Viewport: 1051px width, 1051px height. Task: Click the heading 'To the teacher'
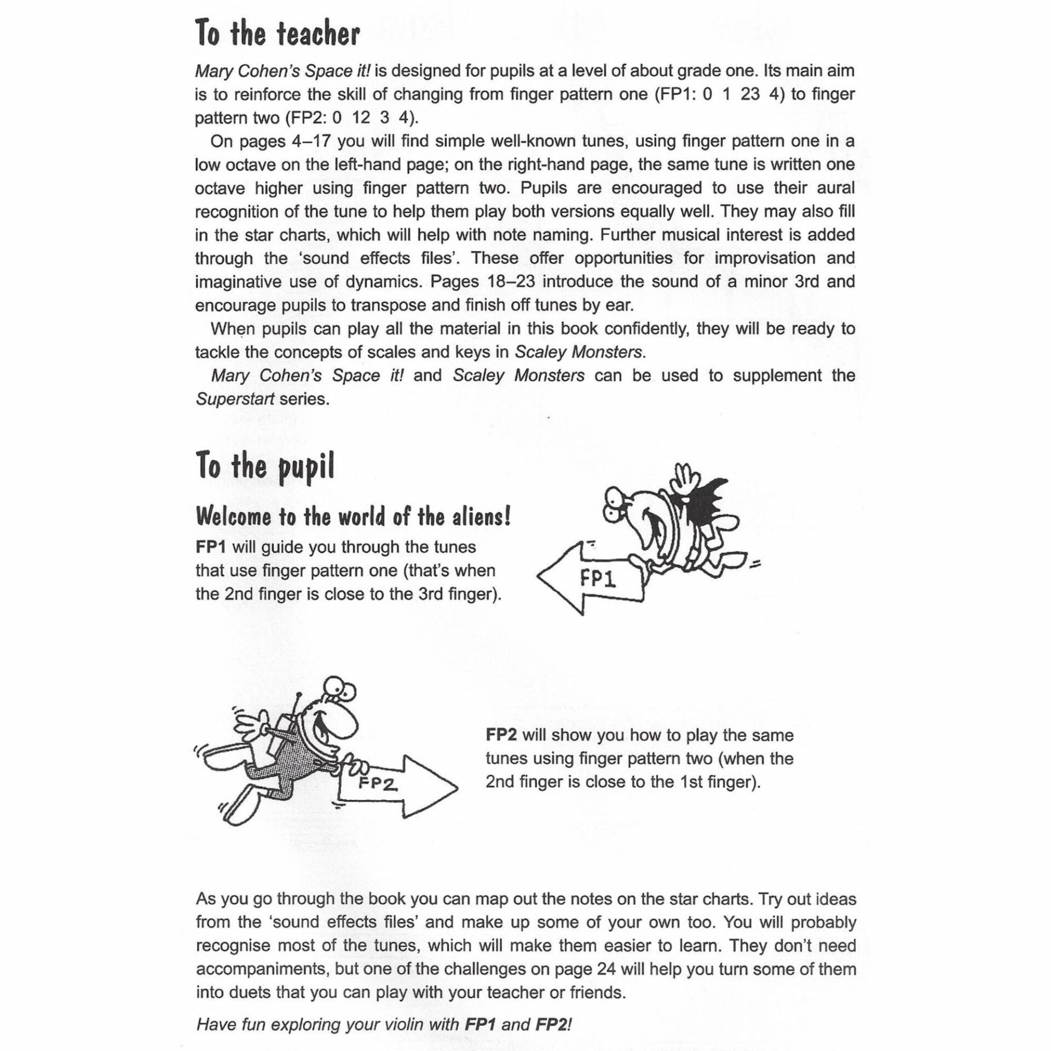277,34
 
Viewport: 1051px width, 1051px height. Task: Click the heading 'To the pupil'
264,467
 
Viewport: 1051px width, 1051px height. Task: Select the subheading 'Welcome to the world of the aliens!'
353,516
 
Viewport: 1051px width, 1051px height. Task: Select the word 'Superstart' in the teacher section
235,399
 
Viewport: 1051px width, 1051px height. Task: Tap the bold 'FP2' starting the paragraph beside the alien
501,735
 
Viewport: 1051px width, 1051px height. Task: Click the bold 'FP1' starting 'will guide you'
211,547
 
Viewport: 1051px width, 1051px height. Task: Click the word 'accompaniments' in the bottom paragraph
262,969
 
